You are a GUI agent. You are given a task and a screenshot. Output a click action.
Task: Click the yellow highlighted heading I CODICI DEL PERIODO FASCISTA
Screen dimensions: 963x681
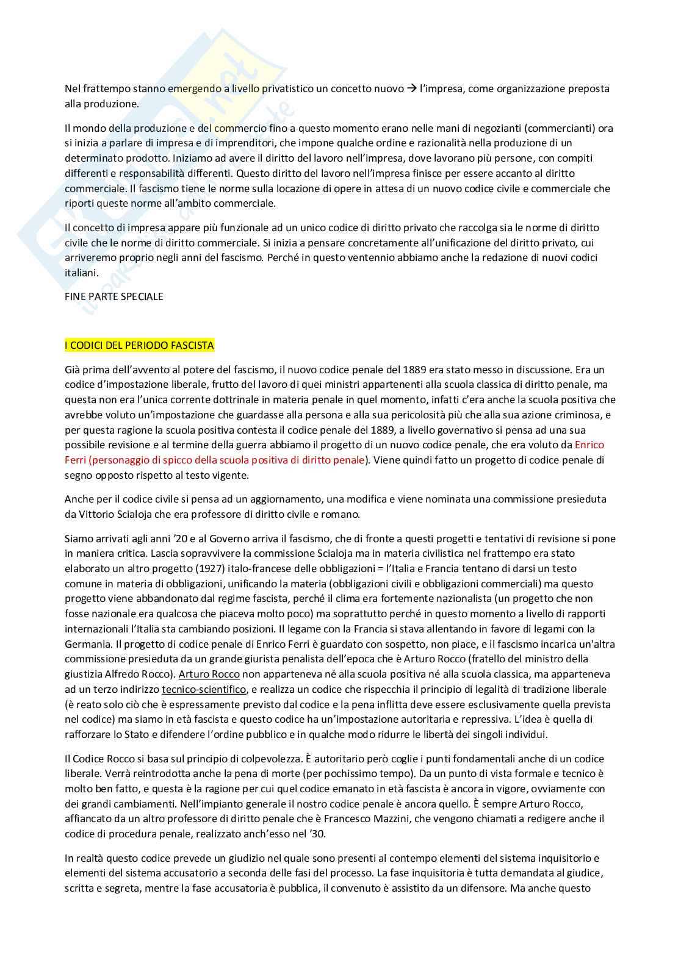(x=139, y=345)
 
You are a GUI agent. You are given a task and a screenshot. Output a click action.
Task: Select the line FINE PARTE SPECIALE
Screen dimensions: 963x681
(x=114, y=296)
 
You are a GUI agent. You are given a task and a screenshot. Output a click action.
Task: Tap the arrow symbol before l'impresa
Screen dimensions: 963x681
(x=412, y=88)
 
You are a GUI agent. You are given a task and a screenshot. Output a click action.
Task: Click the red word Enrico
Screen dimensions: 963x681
(x=589, y=445)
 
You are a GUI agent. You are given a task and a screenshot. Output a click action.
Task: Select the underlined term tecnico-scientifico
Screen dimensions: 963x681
(x=204, y=689)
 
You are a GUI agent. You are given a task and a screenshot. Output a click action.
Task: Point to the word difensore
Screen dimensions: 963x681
(x=474, y=888)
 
